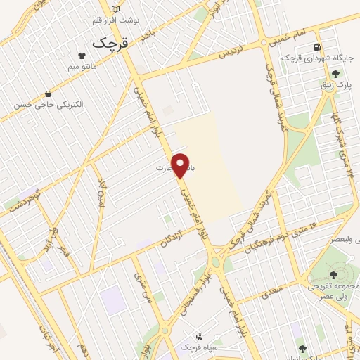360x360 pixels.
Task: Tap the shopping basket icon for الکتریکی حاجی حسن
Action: (x=48, y=94)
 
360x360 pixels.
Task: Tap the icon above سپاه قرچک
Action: (x=198, y=337)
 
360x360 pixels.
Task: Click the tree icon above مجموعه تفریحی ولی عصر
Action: (x=333, y=275)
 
